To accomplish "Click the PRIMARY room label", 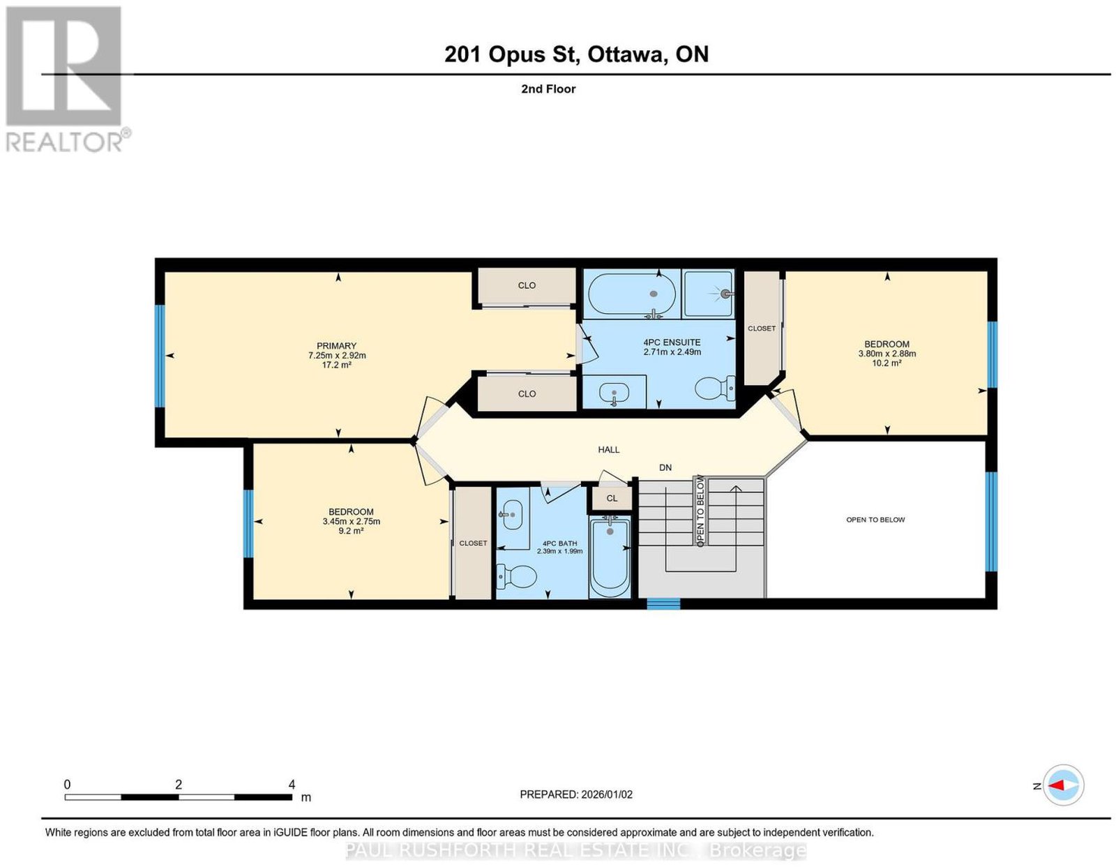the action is pyautogui.click(x=336, y=346).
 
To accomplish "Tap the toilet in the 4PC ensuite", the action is pyautogui.click(x=715, y=388).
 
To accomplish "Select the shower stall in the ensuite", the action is pyautogui.click(x=708, y=294).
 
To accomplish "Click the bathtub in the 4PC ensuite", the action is pyautogui.click(x=632, y=294).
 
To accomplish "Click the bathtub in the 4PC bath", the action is pyautogui.click(x=610, y=559).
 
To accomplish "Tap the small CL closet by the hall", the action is pyautogui.click(x=612, y=498).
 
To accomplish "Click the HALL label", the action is pyautogui.click(x=609, y=450).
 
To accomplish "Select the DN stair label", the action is pyautogui.click(x=665, y=467).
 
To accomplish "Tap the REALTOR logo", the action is pyautogui.click(x=66, y=80).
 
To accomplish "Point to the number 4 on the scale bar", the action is pyautogui.click(x=292, y=785).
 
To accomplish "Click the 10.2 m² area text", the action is pyautogui.click(x=887, y=363).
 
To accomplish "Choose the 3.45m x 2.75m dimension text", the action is pyautogui.click(x=352, y=521).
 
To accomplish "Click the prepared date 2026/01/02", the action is pyautogui.click(x=607, y=794).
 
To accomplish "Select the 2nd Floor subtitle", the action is pyautogui.click(x=548, y=89).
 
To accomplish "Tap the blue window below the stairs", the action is pyautogui.click(x=663, y=603).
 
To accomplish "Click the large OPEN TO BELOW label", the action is pyautogui.click(x=875, y=520).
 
